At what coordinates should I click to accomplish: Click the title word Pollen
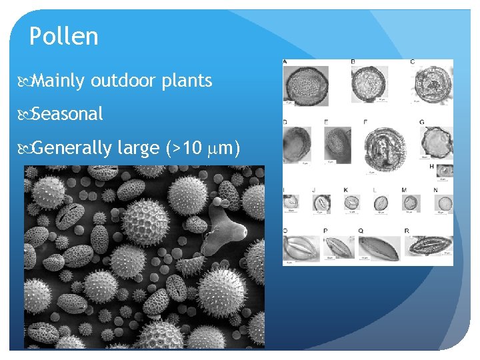point(64,37)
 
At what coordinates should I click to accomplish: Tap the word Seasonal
point(67,114)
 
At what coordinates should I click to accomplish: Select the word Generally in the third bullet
point(71,147)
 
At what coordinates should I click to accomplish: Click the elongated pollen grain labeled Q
point(378,248)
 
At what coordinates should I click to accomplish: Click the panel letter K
point(346,190)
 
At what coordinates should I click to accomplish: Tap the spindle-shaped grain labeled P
point(339,247)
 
